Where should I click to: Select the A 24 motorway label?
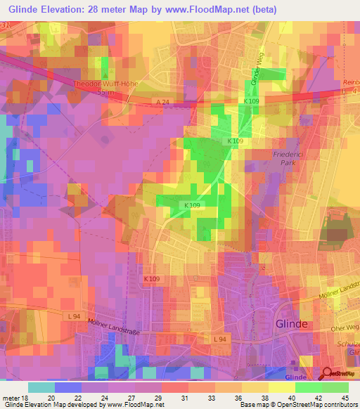click(x=163, y=102)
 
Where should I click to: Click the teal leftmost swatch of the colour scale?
click(x=41, y=387)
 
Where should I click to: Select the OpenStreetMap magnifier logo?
click(x=328, y=375)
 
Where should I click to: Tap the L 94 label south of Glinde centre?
click(x=220, y=339)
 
